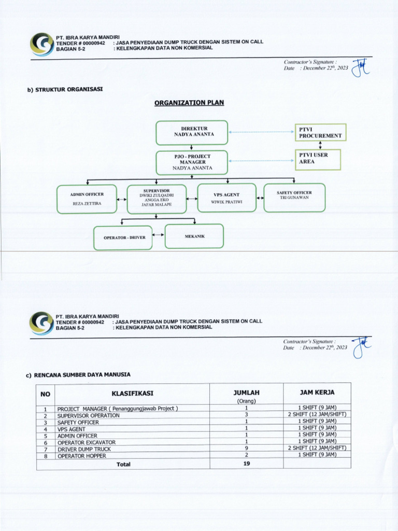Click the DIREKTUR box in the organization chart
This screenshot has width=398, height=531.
tap(192, 132)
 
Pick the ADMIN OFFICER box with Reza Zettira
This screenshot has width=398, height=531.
tap(87, 199)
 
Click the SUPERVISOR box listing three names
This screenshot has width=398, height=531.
tap(157, 198)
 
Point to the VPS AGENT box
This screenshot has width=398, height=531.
tap(226, 198)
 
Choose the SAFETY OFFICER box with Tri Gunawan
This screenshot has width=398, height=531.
tap(294, 197)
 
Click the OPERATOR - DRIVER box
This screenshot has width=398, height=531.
tap(123, 237)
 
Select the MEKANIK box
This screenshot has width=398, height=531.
tap(194, 236)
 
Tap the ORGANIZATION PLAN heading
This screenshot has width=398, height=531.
tap(189, 103)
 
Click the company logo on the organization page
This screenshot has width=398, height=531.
tap(41, 45)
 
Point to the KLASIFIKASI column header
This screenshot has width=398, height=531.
tap(132, 394)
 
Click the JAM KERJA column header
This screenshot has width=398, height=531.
tap(317, 393)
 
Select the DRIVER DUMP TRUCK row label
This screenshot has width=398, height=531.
tap(84, 449)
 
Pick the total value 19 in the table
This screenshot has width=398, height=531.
tap(246, 464)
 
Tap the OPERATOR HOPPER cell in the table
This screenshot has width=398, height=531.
tap(81, 456)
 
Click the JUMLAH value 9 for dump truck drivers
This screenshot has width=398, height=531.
tap(246, 449)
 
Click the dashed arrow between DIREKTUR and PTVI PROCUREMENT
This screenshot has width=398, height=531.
tap(261, 132)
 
